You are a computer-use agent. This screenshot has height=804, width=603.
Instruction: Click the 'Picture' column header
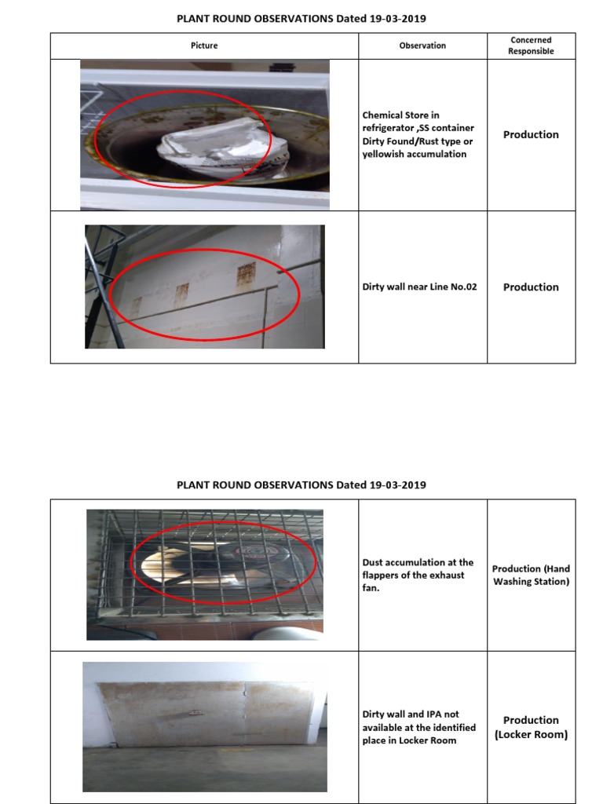pos(205,46)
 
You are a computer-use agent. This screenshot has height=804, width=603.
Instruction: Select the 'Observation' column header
pos(422,46)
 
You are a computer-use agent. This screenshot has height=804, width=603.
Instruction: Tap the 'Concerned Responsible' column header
pos(531,46)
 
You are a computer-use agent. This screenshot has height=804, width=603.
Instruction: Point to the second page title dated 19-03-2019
pos(301,484)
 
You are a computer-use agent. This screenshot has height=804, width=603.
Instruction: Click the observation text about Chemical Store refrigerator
pos(418,135)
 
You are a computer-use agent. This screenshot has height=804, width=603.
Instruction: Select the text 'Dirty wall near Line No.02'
pos(419,287)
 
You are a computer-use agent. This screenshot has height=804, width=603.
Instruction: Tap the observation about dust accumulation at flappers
pos(418,575)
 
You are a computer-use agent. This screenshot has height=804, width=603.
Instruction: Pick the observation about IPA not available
pos(418,727)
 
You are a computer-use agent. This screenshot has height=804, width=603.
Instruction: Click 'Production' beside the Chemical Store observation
pos(531,134)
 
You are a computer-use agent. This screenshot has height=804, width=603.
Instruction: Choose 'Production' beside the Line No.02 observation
pos(531,287)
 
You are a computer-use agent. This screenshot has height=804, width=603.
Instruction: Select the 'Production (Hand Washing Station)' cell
pos(531,575)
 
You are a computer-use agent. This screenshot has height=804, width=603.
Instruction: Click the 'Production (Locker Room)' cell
pos(531,727)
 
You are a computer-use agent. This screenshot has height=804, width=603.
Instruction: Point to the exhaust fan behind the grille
pos(212,561)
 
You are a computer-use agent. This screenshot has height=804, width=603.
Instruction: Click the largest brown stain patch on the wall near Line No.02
pos(246,274)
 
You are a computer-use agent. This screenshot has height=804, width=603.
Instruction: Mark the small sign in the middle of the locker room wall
pos(191,713)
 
